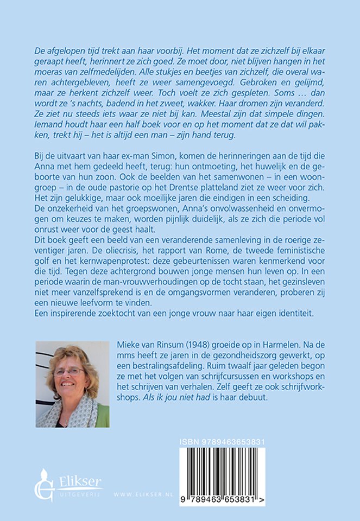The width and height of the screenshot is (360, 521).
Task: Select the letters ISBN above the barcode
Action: pyautogui.click(x=190, y=443)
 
